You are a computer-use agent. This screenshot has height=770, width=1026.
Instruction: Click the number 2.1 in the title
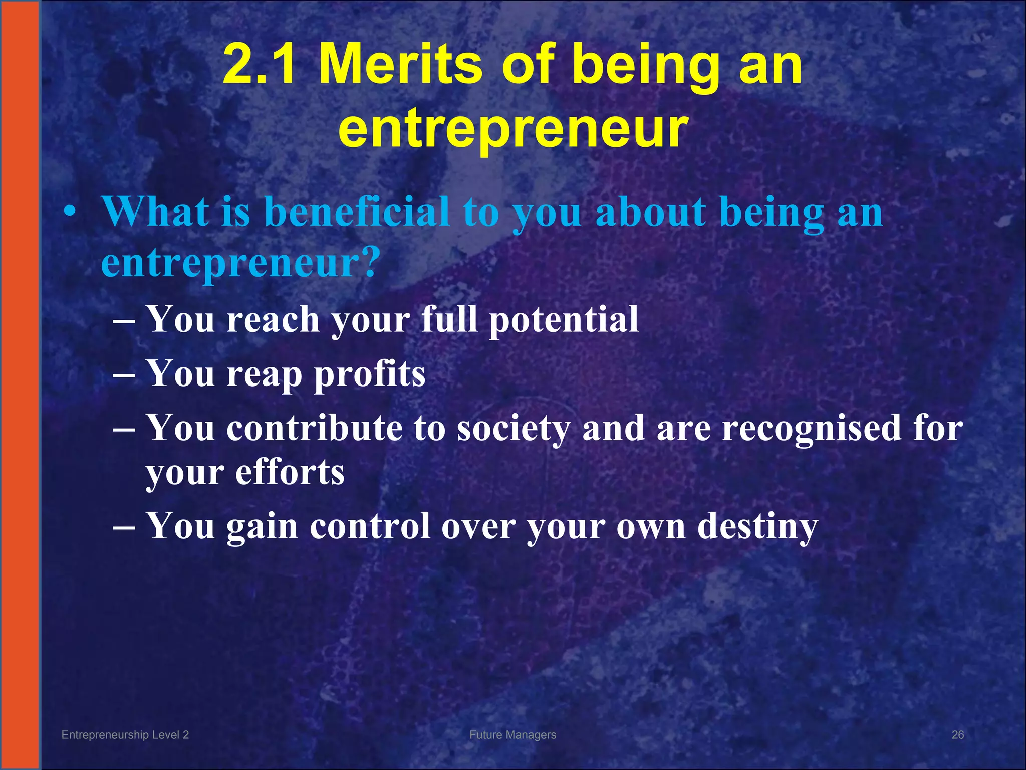[x=259, y=64]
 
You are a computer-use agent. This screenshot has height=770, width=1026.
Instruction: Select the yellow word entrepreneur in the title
[x=514, y=128]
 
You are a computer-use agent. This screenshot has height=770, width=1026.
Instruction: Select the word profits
[x=370, y=374]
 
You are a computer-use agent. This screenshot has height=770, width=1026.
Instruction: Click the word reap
[x=265, y=375]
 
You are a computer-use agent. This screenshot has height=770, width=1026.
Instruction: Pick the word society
[x=514, y=429]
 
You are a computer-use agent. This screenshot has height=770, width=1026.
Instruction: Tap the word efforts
[x=290, y=472]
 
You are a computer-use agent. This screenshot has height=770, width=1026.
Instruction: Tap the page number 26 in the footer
[x=957, y=735]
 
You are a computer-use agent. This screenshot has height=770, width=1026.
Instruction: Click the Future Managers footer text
[x=512, y=735]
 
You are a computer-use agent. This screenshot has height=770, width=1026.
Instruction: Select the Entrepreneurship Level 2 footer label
[x=125, y=735]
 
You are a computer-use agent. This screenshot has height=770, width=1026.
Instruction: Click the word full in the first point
[x=449, y=319]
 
